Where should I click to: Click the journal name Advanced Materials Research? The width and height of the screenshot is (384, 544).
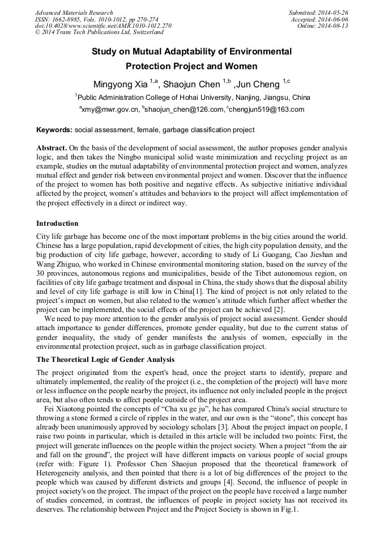click(74, 12)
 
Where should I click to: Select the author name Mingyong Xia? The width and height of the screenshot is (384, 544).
click(121, 85)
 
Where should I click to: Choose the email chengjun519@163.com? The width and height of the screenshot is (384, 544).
click(267, 110)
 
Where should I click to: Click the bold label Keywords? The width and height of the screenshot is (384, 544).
click(54, 130)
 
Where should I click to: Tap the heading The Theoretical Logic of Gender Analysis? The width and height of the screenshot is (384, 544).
click(105, 360)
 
